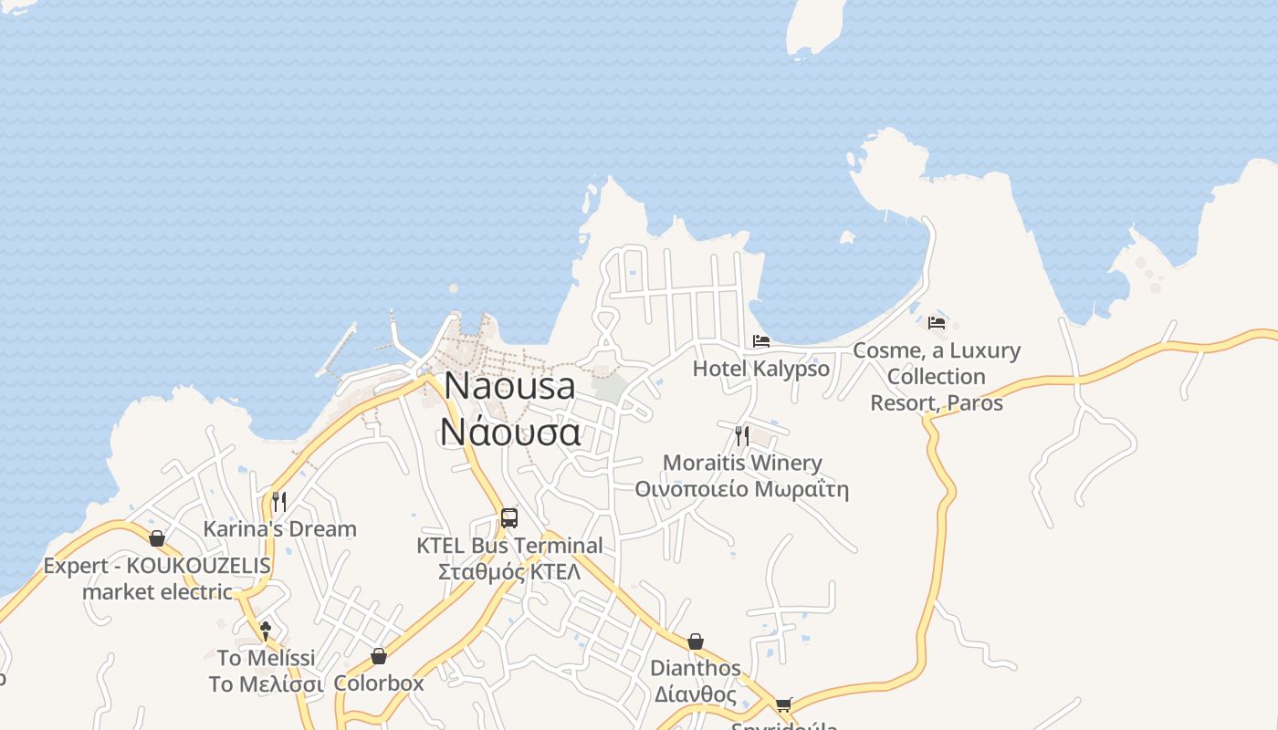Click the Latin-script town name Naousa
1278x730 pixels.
509,386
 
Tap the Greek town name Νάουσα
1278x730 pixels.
509,431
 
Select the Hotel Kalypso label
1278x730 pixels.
760,369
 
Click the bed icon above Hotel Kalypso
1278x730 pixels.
761,341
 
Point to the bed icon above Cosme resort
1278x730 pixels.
937,322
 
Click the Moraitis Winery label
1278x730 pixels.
741,463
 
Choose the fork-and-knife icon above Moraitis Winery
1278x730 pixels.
741,435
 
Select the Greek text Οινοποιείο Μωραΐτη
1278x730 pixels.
741,489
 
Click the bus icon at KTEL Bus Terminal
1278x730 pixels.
509,518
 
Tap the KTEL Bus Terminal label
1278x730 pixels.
509,546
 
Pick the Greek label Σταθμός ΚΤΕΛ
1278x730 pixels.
509,572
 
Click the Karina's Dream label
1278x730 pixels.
279,529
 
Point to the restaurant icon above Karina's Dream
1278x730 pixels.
279,501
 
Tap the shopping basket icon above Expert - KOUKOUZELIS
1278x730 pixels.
157,538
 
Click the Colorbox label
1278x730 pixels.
379,683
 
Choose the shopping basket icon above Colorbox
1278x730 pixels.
379,656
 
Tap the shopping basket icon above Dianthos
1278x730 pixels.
696,641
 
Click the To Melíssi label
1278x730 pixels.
266,658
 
